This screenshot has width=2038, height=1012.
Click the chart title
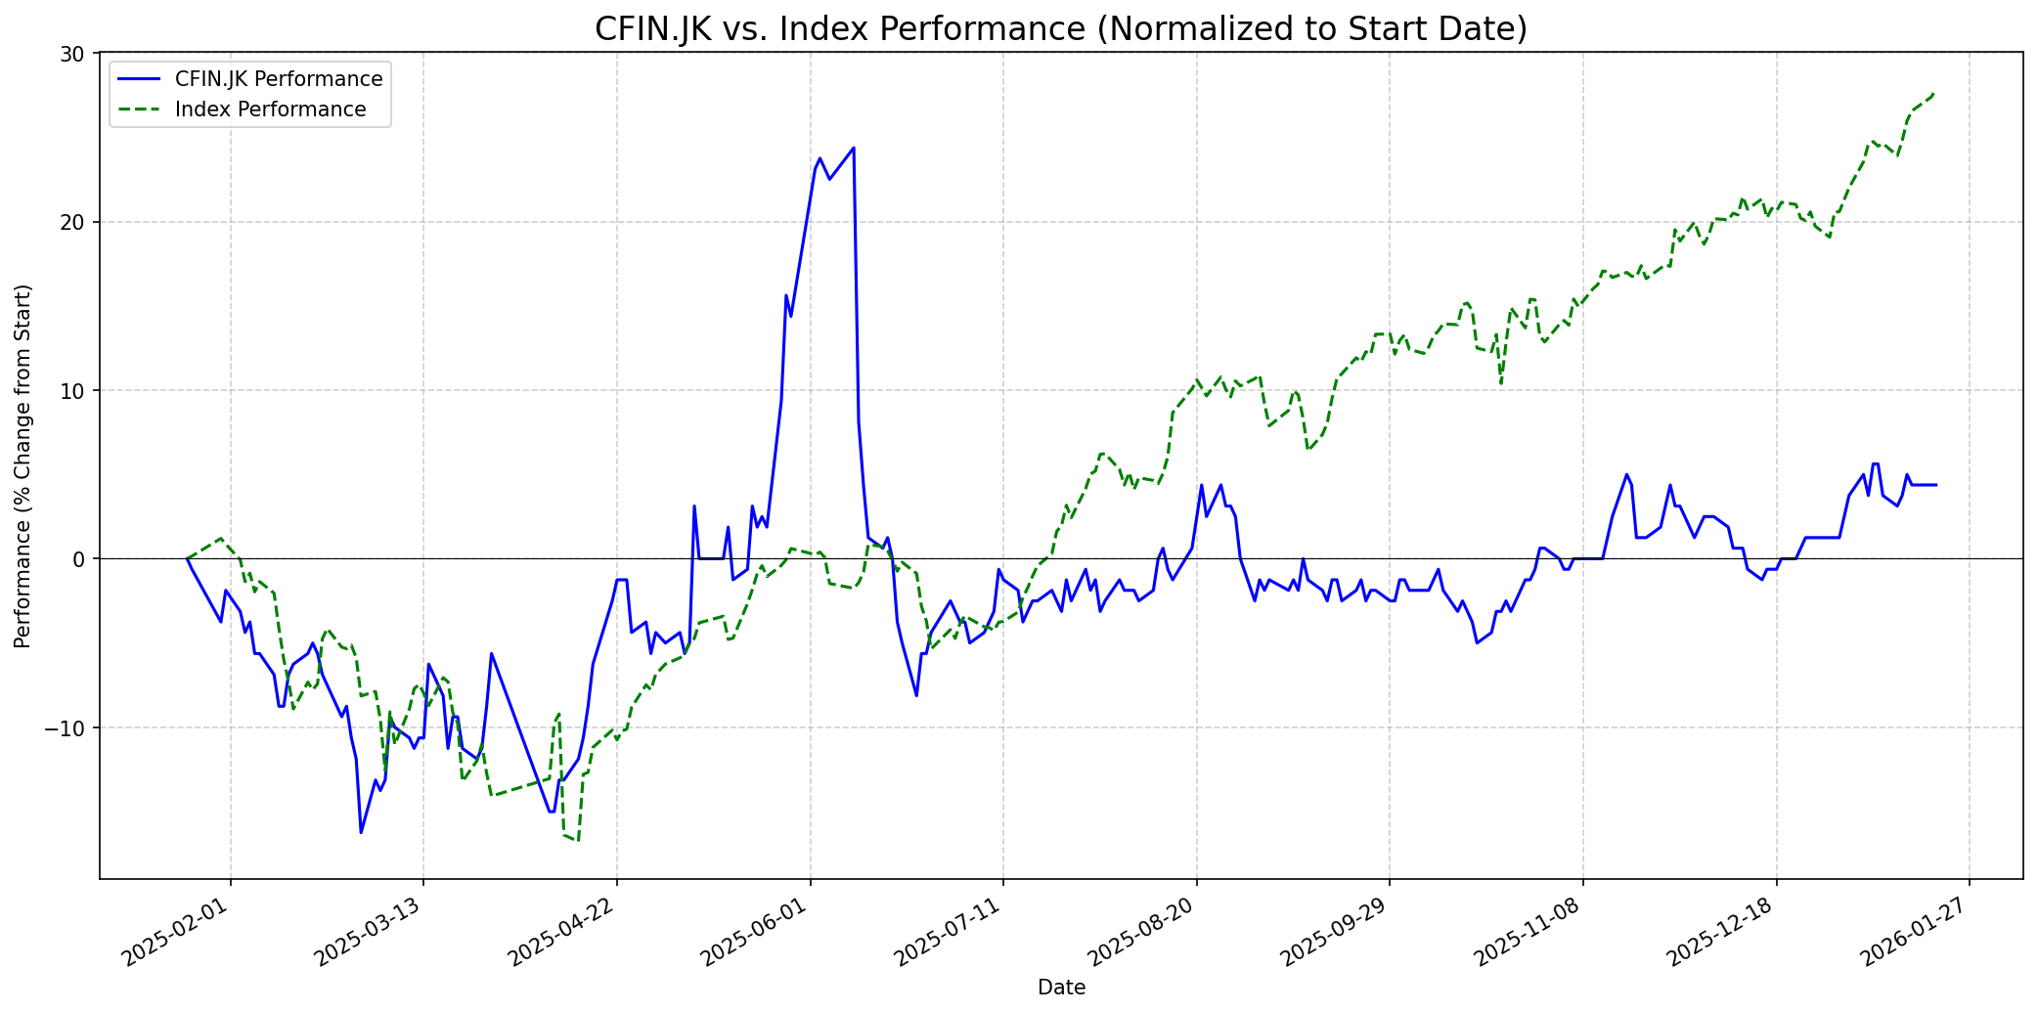tap(1060, 29)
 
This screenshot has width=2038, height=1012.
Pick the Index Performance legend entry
tap(270, 110)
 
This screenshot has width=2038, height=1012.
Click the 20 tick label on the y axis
tap(76, 222)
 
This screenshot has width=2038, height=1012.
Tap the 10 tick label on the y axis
tap(76, 391)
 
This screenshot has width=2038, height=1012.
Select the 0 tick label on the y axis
tap(82, 559)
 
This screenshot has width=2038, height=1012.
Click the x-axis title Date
tap(1061, 988)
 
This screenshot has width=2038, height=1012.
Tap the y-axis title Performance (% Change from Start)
tap(23, 465)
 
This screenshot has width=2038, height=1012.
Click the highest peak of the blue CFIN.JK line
tap(854, 148)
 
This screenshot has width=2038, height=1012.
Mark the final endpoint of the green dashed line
tap(1935, 93)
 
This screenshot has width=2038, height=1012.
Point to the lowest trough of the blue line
tap(361, 833)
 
